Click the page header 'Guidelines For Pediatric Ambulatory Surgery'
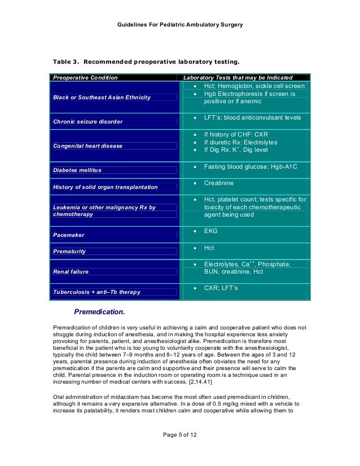(x=179, y=26)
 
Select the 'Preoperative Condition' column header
(x=85, y=77)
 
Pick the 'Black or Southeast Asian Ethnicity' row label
(x=102, y=98)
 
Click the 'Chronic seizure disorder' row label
(x=87, y=121)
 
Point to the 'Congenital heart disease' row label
(x=87, y=146)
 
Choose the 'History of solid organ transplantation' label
(x=105, y=187)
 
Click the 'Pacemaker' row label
(x=69, y=234)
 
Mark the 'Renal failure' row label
(x=71, y=272)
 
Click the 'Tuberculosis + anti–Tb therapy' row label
(x=96, y=292)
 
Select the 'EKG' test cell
(x=210, y=231)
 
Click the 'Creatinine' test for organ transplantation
(x=218, y=183)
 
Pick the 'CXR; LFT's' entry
(x=221, y=288)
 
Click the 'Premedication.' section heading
(x=99, y=311)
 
